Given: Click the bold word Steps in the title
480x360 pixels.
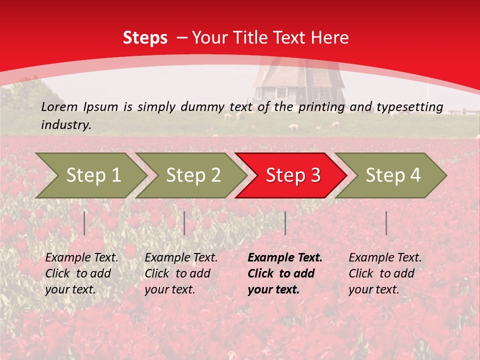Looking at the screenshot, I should (145, 38).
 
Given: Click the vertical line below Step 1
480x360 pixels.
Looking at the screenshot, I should (84, 223).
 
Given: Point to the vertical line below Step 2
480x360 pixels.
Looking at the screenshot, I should (184, 223).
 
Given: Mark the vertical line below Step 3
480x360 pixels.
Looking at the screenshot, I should (285, 223).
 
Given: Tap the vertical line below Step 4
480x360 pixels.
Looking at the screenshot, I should (386, 223).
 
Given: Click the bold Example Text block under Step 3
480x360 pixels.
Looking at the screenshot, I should (284, 273).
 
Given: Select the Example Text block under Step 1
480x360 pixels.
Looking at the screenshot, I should (81, 273).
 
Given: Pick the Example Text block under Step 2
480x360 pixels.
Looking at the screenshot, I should (181, 273).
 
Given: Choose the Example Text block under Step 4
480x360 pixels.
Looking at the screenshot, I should (385, 273).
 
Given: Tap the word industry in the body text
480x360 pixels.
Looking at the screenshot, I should (65, 125).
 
